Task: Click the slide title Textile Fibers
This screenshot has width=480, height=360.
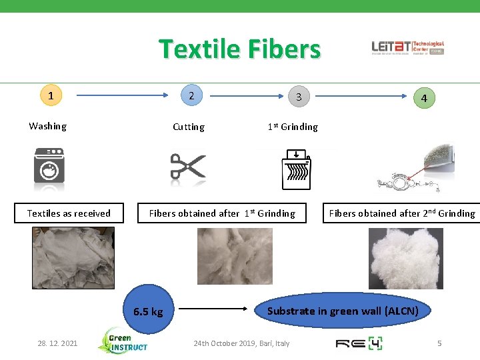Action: [x=239, y=49]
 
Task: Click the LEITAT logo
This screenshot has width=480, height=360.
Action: [x=407, y=47]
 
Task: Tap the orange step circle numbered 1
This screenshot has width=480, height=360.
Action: [x=51, y=95]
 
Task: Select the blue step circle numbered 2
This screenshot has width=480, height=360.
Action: [x=191, y=95]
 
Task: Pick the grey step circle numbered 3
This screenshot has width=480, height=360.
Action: [x=299, y=97]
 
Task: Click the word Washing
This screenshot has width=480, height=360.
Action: [x=47, y=126]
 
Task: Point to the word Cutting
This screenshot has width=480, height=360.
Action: [x=189, y=127]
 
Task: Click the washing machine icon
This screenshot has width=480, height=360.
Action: [x=50, y=167]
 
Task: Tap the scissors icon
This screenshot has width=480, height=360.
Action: [x=188, y=167]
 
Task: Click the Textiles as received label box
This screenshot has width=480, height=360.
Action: [x=69, y=213]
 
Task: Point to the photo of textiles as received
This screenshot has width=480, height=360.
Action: [x=73, y=257]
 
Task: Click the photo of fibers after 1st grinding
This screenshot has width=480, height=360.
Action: [x=235, y=256]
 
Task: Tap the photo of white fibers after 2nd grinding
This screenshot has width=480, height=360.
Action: [x=405, y=258]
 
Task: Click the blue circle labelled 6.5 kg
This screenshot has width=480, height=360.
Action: [x=148, y=311]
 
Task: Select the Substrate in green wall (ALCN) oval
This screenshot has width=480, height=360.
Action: [x=343, y=311]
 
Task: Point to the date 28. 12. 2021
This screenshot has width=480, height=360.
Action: [x=57, y=343]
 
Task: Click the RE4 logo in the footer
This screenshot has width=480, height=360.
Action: [x=358, y=343]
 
